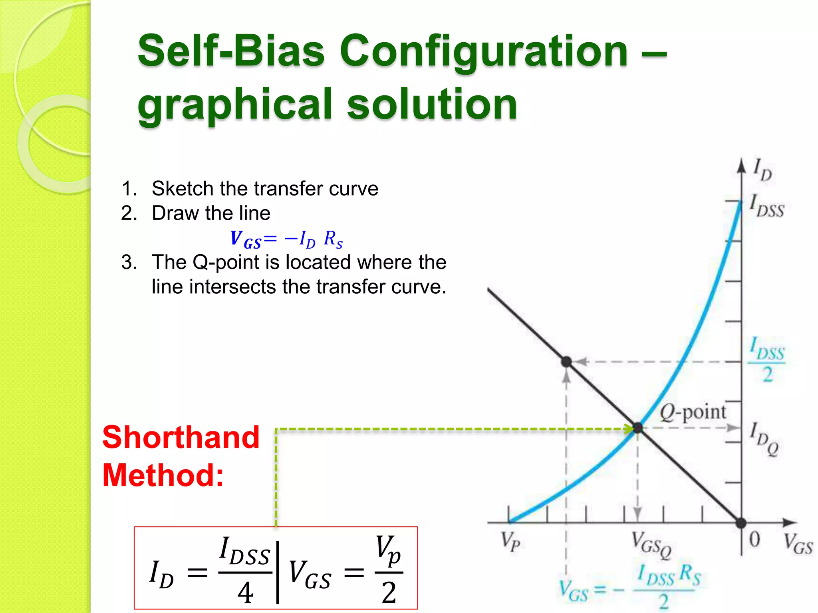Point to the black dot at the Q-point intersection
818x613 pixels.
coord(638,428)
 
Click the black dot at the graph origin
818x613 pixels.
coord(741,522)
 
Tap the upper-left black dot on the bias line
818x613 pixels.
coord(566,362)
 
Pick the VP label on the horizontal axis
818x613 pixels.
coord(511,542)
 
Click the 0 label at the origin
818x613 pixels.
coord(754,540)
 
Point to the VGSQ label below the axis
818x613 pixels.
coord(651,545)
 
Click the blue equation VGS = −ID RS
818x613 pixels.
coord(286,239)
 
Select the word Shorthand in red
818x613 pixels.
coord(181,437)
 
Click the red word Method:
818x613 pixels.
coord(163,475)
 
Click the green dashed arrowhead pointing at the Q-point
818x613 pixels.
coord(629,429)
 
